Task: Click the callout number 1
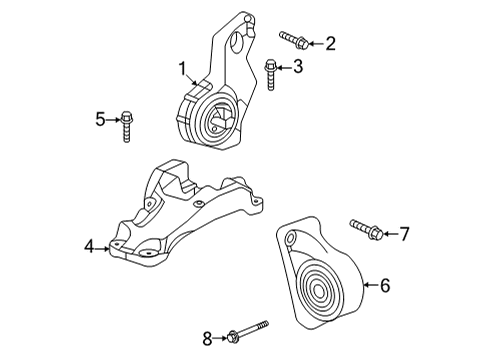pyautogui.click(x=183, y=69)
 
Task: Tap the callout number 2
pyautogui.click(x=330, y=43)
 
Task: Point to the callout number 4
pyautogui.click(x=89, y=246)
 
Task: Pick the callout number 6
pyautogui.click(x=384, y=285)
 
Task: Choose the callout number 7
pyautogui.click(x=404, y=235)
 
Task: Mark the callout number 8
pyautogui.click(x=207, y=339)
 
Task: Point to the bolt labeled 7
pyautogui.click(x=362, y=230)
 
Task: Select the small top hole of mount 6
pyautogui.click(x=291, y=239)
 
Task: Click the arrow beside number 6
pyautogui.click(x=369, y=285)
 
